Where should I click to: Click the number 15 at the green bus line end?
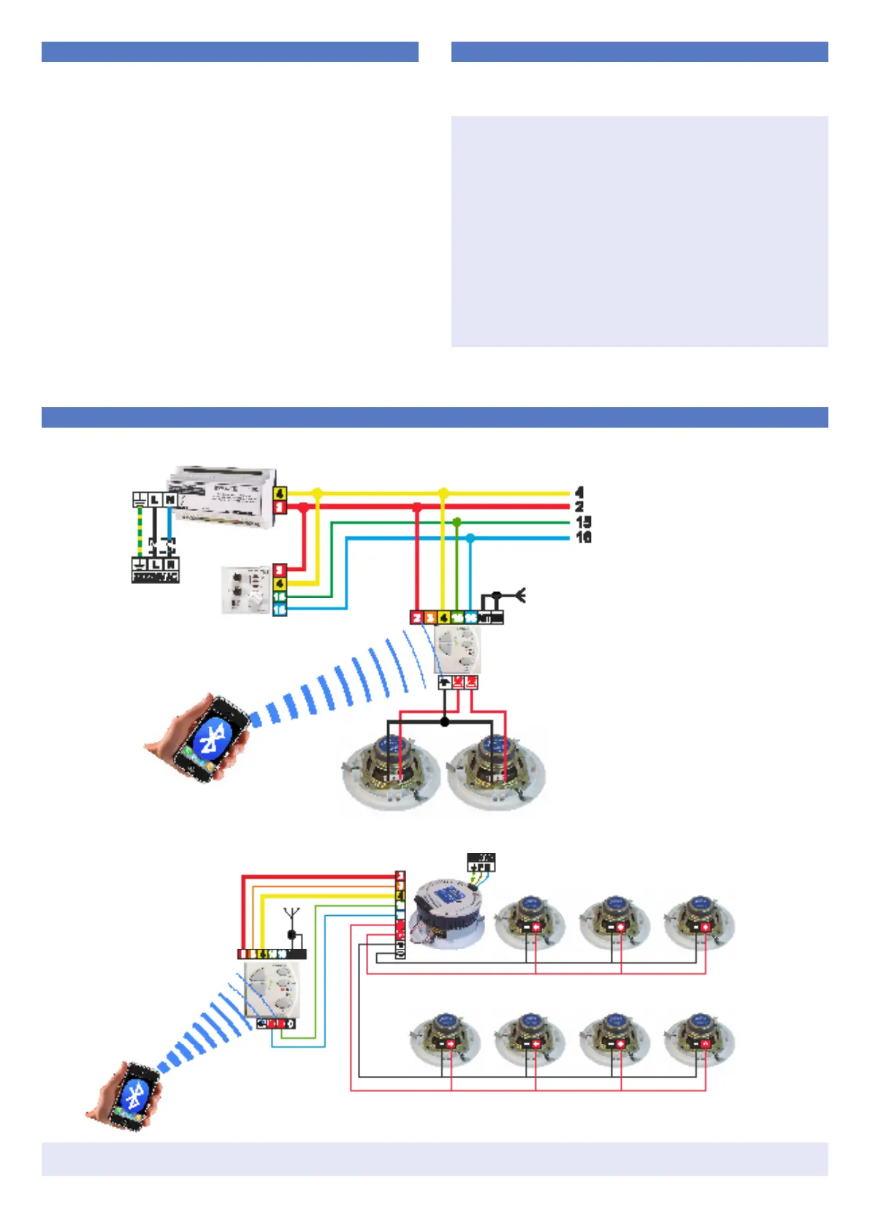pyautogui.click(x=583, y=522)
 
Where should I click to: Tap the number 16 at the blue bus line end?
pyautogui.click(x=583, y=537)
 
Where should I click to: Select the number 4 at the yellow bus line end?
pyautogui.click(x=579, y=493)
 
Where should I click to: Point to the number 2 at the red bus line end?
pyautogui.click(x=579, y=507)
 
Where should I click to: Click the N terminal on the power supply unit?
pyautogui.click(x=170, y=499)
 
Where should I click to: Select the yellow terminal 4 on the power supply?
pyautogui.click(x=280, y=493)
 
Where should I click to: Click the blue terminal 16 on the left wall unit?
pyautogui.click(x=280, y=610)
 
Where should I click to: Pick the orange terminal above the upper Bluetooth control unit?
pyautogui.click(x=430, y=618)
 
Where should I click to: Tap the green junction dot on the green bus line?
pyautogui.click(x=457, y=522)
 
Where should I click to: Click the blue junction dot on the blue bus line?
pyautogui.click(x=470, y=538)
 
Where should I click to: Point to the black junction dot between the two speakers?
pyautogui.click(x=445, y=722)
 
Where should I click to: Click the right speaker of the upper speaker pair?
pyautogui.click(x=497, y=768)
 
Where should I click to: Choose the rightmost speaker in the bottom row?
pyautogui.click(x=699, y=1040)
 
